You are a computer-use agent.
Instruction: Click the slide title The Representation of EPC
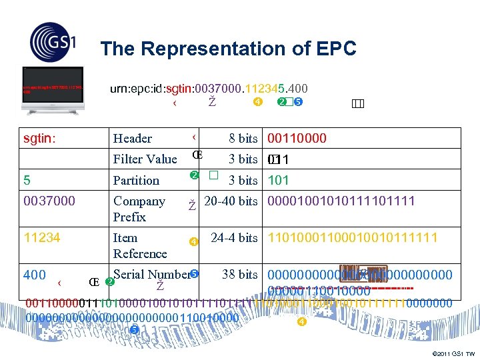click(x=228, y=49)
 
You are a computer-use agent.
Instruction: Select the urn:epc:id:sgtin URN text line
click(x=208, y=88)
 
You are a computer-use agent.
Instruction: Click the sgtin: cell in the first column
click(x=40, y=138)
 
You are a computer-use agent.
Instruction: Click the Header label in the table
click(x=133, y=139)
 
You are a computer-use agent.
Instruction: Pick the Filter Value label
click(x=145, y=159)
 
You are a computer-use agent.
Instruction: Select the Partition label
click(x=136, y=180)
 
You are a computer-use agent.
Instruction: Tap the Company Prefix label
click(x=139, y=209)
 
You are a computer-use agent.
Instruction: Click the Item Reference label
click(x=140, y=245)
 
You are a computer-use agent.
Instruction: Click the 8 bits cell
click(x=243, y=139)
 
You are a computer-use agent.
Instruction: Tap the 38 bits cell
click(x=239, y=275)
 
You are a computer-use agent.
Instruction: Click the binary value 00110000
click(x=297, y=139)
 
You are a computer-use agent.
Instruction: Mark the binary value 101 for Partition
click(x=278, y=180)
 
